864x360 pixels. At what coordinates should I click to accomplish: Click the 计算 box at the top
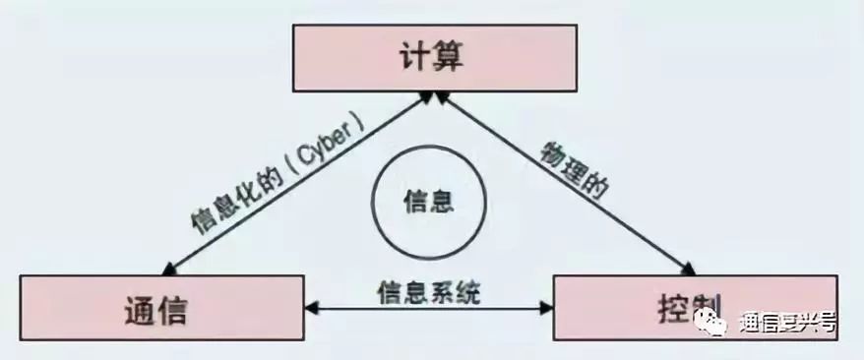[435, 58]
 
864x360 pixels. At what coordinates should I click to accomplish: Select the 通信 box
[161, 308]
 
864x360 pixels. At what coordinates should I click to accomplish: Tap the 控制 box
[696, 308]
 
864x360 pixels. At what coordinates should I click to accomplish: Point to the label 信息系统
[428, 292]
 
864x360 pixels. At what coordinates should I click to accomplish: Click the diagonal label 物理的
[574, 170]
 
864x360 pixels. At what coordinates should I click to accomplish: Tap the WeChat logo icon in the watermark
[710, 321]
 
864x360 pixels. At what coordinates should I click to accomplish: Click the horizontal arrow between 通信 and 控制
[428, 308]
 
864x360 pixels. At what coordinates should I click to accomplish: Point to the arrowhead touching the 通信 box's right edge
[311, 308]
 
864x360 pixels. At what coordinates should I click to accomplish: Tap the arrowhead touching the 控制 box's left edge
[546, 308]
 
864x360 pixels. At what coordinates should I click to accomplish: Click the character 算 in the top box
[450, 57]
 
